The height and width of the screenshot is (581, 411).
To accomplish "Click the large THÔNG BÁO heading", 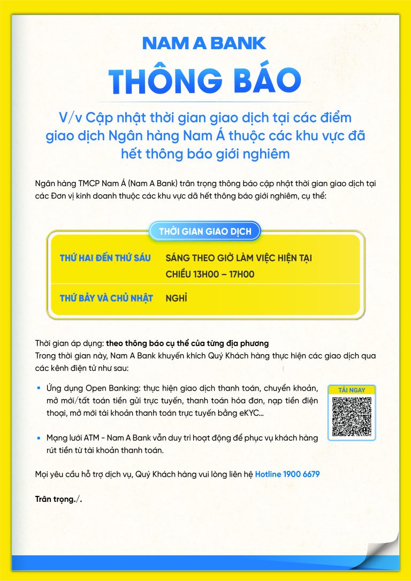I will [205, 80].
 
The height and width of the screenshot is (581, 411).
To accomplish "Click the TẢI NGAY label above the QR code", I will [352, 390].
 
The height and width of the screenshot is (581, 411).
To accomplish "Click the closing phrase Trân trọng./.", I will [59, 499].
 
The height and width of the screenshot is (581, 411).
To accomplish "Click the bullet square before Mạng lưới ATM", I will [39, 438].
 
